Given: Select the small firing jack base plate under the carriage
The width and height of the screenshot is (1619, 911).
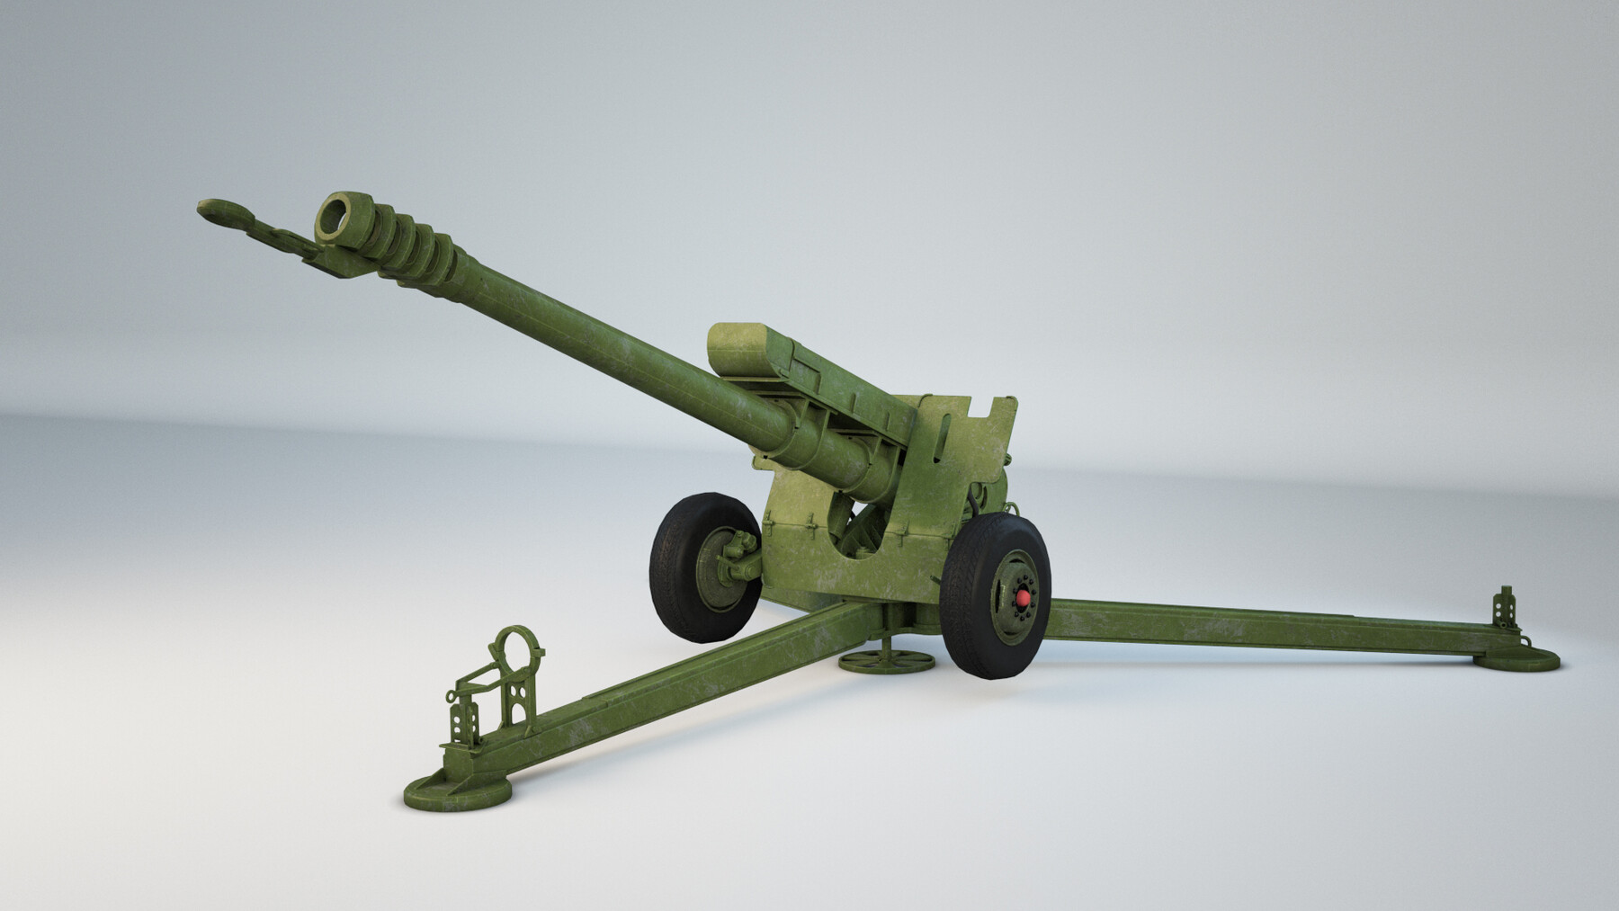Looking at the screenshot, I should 886,664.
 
